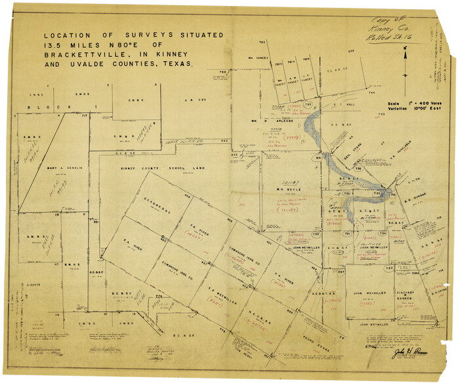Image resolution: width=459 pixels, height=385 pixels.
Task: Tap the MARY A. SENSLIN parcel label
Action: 64,168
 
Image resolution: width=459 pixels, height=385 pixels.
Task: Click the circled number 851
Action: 319,158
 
